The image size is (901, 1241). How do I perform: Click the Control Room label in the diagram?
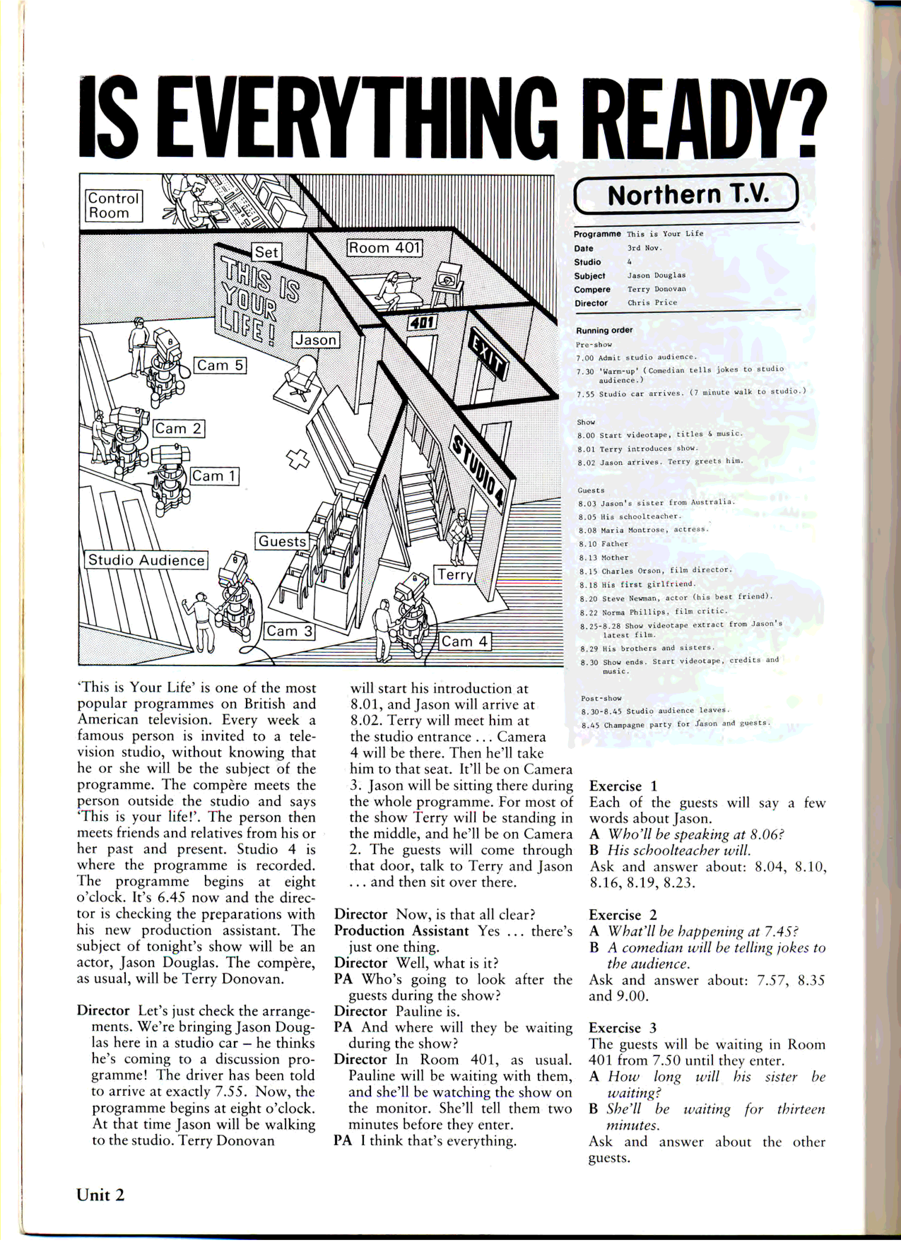coord(114,205)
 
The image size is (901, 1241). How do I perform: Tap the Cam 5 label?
coord(220,366)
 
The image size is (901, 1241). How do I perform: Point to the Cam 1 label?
coord(214,476)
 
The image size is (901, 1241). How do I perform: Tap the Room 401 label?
coord(384,248)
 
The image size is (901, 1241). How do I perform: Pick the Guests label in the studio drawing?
coord(282,541)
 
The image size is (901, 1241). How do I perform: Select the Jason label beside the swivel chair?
coord(316,340)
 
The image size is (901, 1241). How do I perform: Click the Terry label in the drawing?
coord(455,574)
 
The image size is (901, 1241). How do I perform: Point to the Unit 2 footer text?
coord(101,1195)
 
